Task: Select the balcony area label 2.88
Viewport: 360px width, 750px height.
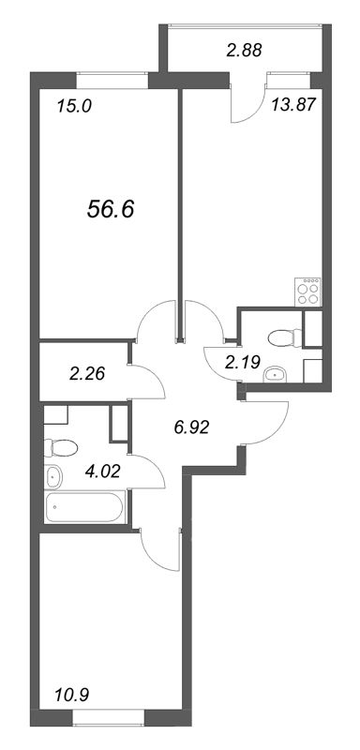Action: click(246, 50)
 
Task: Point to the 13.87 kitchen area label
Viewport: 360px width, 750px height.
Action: click(292, 106)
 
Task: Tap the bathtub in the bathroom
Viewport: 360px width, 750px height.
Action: click(86, 509)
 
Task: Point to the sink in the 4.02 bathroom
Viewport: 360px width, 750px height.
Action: click(53, 476)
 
